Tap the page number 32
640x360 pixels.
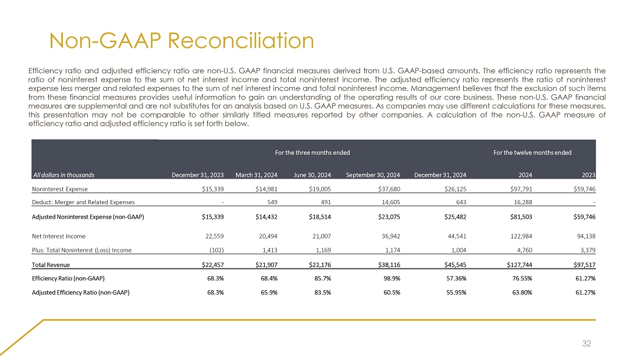[x=586, y=344]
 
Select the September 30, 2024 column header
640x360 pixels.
[x=372, y=174]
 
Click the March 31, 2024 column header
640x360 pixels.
[x=256, y=174]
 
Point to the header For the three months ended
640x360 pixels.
[x=312, y=152]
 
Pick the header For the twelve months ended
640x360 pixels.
[x=532, y=152]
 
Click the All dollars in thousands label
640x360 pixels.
[x=63, y=174]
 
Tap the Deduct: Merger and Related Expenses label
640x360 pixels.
[x=83, y=202]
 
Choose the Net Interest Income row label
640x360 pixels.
[x=59, y=236]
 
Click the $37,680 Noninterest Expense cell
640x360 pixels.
[x=386, y=189]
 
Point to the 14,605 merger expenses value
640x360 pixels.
[x=387, y=202]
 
